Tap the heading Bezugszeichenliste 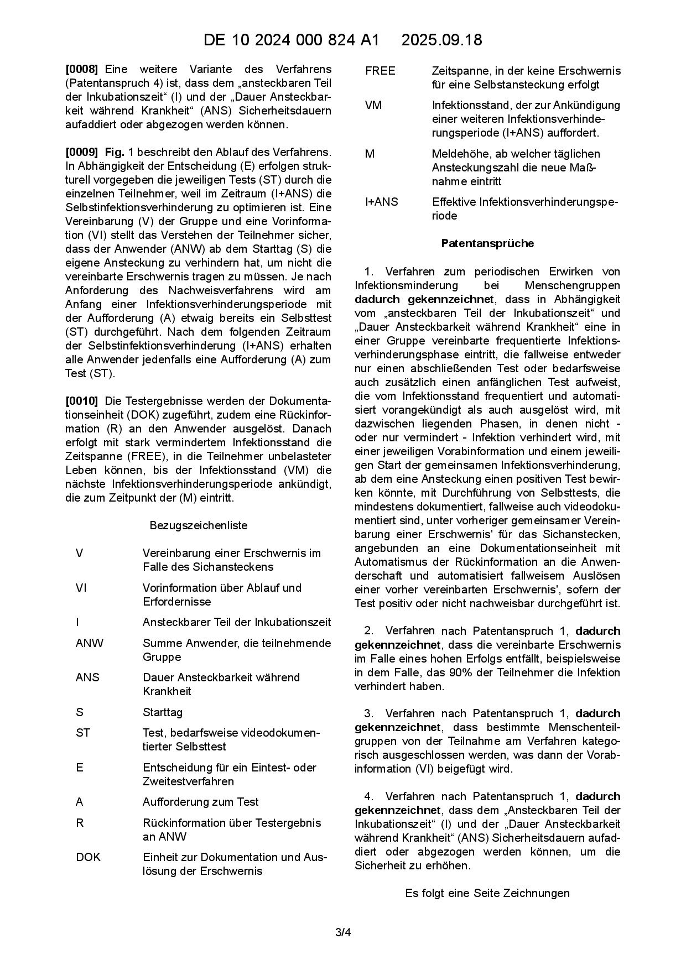pyautogui.click(x=199, y=525)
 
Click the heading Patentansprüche pyautogui.click(x=487, y=243)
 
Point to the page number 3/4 pyautogui.click(x=343, y=933)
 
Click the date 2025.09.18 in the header pyautogui.click(x=441, y=40)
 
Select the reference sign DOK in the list pyautogui.click(x=88, y=857)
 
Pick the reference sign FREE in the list pyautogui.click(x=380, y=71)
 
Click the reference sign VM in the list pyautogui.click(x=373, y=105)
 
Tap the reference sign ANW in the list pyautogui.click(x=89, y=643)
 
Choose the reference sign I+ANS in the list pyautogui.click(x=381, y=202)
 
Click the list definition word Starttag pyautogui.click(x=163, y=712)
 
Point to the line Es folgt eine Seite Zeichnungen pyautogui.click(x=487, y=893)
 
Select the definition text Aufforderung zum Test pyautogui.click(x=200, y=802)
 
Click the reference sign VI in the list pyautogui.click(x=81, y=588)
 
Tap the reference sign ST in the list pyautogui.click(x=83, y=733)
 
